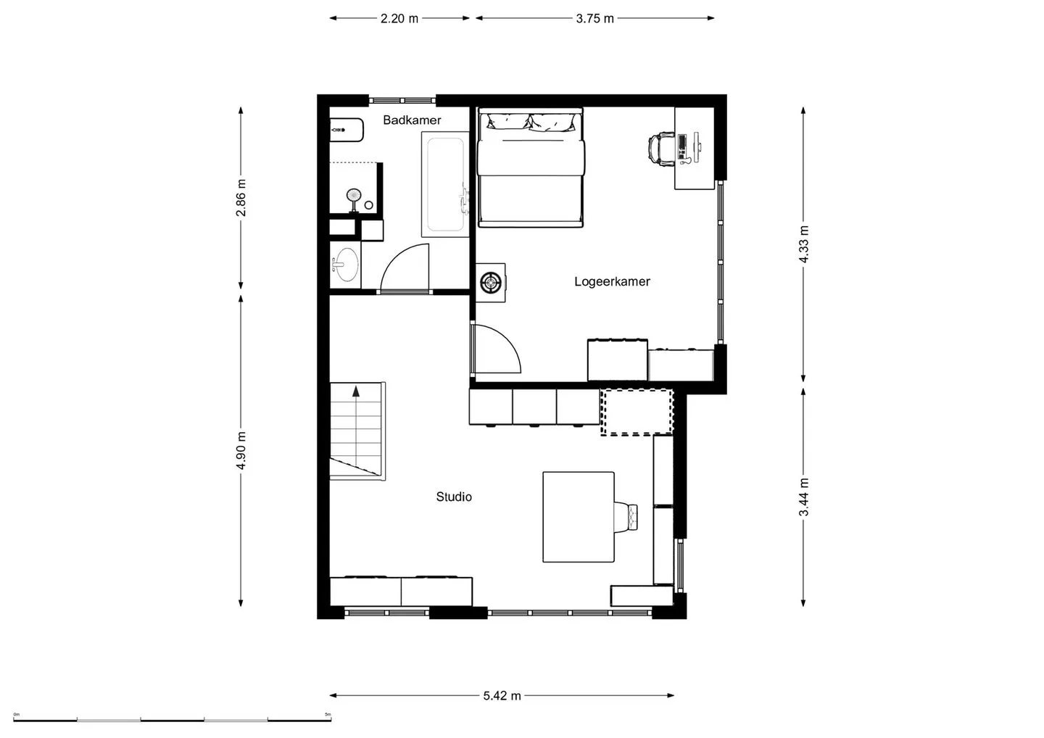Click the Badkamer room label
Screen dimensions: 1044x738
(x=412, y=120)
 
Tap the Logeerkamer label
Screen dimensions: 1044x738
(x=612, y=281)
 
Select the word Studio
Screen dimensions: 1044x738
(x=454, y=497)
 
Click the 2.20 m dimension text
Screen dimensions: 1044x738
(x=399, y=19)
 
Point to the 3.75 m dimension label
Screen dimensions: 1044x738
(x=594, y=19)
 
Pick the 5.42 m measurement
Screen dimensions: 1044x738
(x=502, y=696)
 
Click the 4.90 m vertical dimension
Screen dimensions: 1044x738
(x=241, y=450)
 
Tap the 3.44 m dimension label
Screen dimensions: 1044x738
(x=803, y=497)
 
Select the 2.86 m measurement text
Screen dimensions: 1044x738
(x=241, y=198)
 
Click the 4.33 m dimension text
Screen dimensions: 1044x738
(x=803, y=244)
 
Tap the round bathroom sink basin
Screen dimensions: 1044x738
(x=347, y=265)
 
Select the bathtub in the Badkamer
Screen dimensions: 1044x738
(x=445, y=184)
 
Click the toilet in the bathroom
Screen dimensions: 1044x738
(x=347, y=130)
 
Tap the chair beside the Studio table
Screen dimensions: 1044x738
(x=626, y=516)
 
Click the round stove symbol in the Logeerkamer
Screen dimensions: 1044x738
(x=491, y=282)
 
